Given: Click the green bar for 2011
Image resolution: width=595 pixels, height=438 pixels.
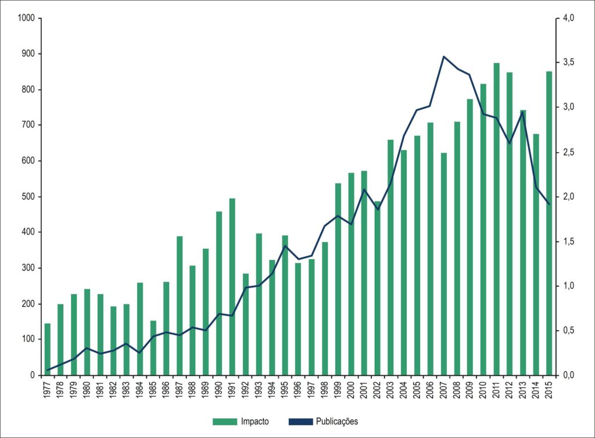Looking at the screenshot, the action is click(496, 219).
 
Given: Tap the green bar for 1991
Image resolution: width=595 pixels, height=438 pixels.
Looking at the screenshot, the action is click(232, 287).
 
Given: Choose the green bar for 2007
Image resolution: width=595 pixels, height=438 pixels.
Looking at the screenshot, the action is click(443, 264).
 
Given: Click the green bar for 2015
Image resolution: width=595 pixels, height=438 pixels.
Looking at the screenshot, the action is click(549, 224).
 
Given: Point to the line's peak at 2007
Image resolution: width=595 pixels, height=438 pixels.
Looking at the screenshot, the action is click(443, 56).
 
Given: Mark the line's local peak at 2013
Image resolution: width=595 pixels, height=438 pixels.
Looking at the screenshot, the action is click(523, 112).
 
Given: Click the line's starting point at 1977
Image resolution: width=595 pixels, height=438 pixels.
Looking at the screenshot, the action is click(48, 370).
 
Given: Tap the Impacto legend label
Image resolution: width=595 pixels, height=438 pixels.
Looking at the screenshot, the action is click(255, 421).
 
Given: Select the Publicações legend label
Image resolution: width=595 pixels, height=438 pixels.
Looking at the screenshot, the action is click(337, 421).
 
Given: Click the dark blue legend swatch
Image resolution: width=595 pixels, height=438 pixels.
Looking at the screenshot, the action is click(300, 421).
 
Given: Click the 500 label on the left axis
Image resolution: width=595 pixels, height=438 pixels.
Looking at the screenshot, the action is click(28, 197).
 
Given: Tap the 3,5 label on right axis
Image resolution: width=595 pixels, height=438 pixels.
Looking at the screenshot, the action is click(568, 63).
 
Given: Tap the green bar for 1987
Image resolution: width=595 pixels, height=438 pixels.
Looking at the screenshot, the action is click(180, 306).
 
